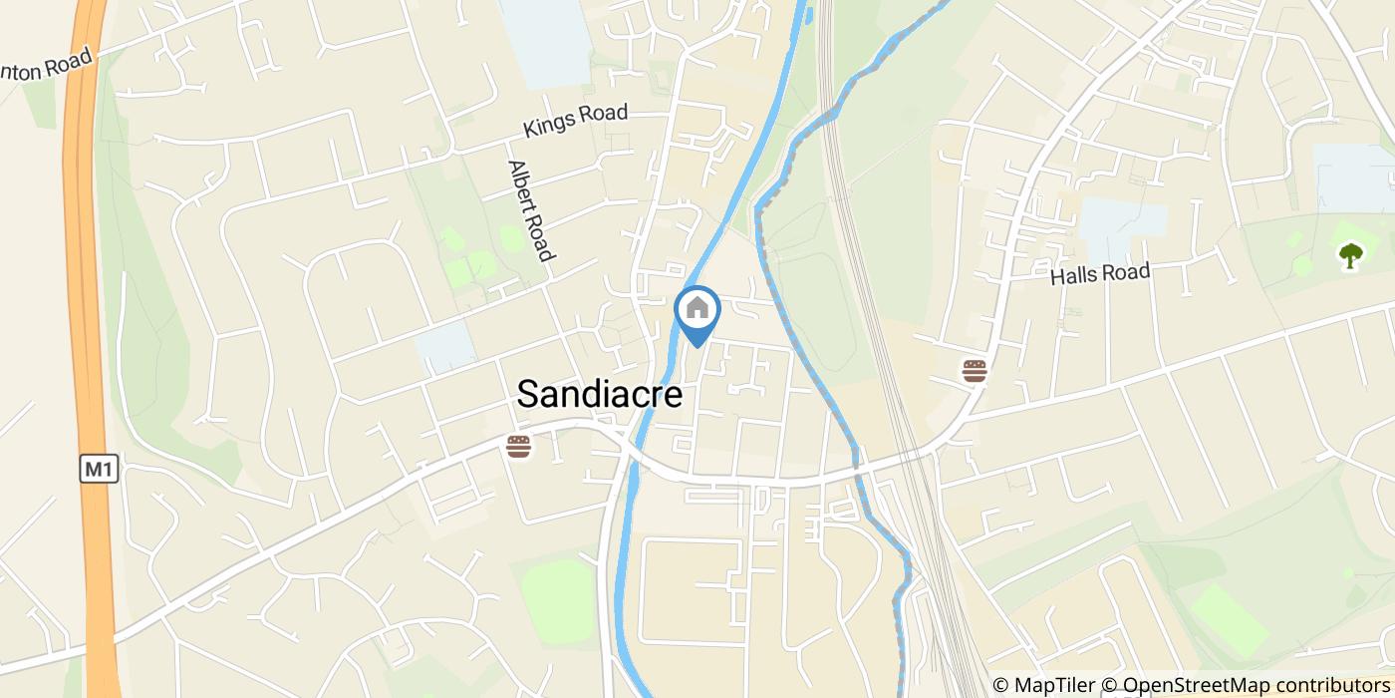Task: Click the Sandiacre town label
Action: (x=599, y=395)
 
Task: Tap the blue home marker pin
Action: (x=697, y=311)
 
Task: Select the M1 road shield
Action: (x=100, y=469)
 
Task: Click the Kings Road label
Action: (x=576, y=121)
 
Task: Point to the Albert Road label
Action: (x=530, y=210)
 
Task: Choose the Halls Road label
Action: (x=1100, y=274)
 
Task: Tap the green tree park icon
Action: (x=1350, y=256)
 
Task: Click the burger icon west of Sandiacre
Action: (x=518, y=446)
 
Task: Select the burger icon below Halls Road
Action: (x=975, y=371)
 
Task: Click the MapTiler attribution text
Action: (x=1042, y=685)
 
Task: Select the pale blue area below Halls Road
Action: (x=1122, y=223)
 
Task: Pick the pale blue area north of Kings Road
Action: (x=546, y=40)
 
